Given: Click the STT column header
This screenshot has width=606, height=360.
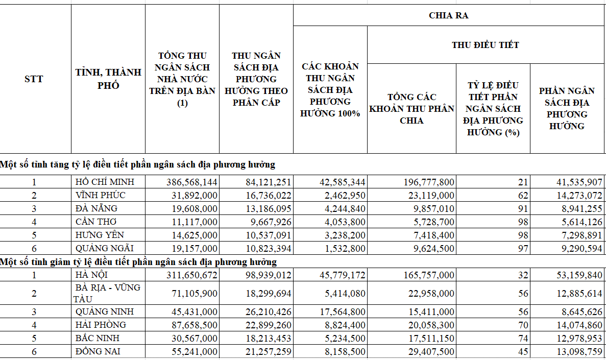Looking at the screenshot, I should (34, 79).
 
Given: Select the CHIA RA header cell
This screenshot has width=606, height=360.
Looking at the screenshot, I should (448, 15).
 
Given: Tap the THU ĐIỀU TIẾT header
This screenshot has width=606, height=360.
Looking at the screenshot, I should (485, 45).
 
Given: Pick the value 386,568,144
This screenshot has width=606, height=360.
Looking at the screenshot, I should (192, 182).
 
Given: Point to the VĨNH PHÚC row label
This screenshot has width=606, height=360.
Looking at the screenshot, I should (100, 195).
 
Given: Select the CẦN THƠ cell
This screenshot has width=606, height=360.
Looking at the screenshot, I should (96, 222).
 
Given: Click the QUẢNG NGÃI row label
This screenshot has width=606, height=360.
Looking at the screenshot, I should (104, 248).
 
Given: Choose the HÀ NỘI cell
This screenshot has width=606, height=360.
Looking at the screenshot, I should (91, 275).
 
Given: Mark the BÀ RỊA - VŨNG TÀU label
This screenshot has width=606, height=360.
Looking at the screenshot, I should (107, 293).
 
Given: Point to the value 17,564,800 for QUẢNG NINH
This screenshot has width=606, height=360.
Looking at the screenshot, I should (339, 311).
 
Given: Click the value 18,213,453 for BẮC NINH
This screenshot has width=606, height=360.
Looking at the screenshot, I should (265, 338).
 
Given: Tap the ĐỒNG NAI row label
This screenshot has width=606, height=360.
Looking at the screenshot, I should (98, 351).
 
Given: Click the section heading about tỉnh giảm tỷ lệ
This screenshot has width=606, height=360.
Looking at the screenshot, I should (138, 262).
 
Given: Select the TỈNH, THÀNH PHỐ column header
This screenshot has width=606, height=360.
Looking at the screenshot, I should (108, 79).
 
